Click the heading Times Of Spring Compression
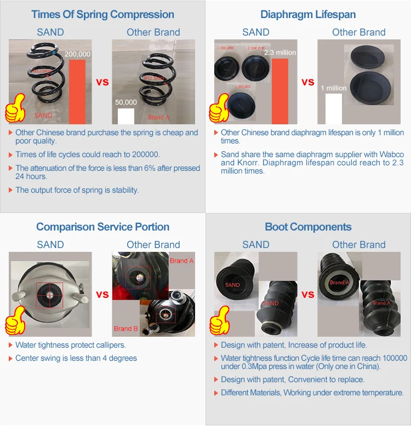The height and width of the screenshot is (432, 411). tap(102, 14)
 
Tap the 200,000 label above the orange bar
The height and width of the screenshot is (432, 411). tap(77, 54)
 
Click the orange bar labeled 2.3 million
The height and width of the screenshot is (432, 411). tap(280, 91)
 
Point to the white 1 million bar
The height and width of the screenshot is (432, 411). tap(333, 108)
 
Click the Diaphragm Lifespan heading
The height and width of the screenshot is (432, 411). tap(308, 14)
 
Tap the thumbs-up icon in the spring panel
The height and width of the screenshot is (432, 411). tap(15, 108)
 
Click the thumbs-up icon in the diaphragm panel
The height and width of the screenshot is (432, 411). tap(219, 107)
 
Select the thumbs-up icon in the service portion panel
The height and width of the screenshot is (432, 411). tap(15, 320)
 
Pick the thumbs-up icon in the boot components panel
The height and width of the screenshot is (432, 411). tap(219, 320)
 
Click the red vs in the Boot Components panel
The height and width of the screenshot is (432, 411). tap(308, 295)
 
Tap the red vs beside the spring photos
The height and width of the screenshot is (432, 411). tap(102, 82)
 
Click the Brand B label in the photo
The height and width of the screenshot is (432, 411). tap(126, 329)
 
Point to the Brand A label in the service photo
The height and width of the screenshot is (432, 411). tap(181, 261)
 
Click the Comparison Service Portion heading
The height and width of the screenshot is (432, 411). tap(102, 227)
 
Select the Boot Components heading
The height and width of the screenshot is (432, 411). tap(308, 227)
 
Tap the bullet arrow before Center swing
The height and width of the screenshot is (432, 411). tap(10, 359)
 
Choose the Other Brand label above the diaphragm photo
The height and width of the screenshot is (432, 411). tap(358, 32)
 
